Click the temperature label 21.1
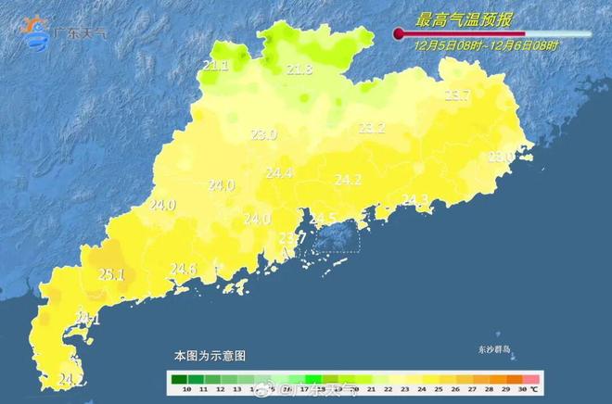coord(215,65)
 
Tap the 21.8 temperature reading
coord(300,69)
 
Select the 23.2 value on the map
coord(372,128)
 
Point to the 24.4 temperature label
coord(279,173)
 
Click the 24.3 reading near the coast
coord(414,200)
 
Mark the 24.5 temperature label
coord(323,219)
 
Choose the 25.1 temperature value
coord(111,274)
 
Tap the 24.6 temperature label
coord(184,270)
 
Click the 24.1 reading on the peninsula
coord(87,320)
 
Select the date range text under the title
coord(486,44)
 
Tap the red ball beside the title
coord(399,34)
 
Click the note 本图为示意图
coord(210,355)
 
